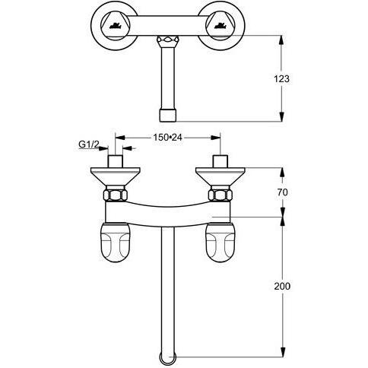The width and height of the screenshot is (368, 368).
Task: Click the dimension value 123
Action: point(281,79)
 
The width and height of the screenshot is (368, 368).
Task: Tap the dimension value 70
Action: point(282,192)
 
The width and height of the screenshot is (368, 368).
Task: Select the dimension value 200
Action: point(282,286)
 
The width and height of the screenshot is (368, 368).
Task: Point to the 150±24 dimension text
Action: point(167,138)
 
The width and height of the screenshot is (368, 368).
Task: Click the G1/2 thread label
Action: point(89,144)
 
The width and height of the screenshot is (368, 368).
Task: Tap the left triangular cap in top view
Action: point(116,25)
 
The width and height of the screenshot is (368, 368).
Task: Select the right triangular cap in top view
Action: point(220,25)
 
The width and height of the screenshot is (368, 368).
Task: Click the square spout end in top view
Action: point(167,116)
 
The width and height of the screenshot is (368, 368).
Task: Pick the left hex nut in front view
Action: point(115,195)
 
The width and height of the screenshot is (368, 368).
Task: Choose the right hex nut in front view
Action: point(220,195)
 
